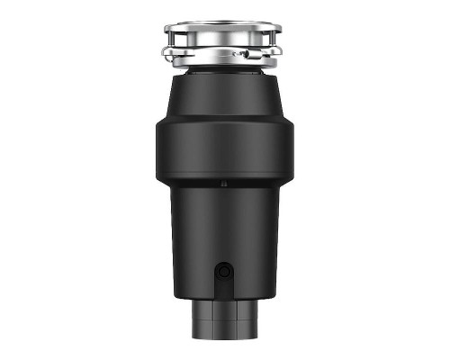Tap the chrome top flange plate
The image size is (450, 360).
pyautogui.click(x=223, y=27)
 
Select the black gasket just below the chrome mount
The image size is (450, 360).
pyautogui.click(x=223, y=67)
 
